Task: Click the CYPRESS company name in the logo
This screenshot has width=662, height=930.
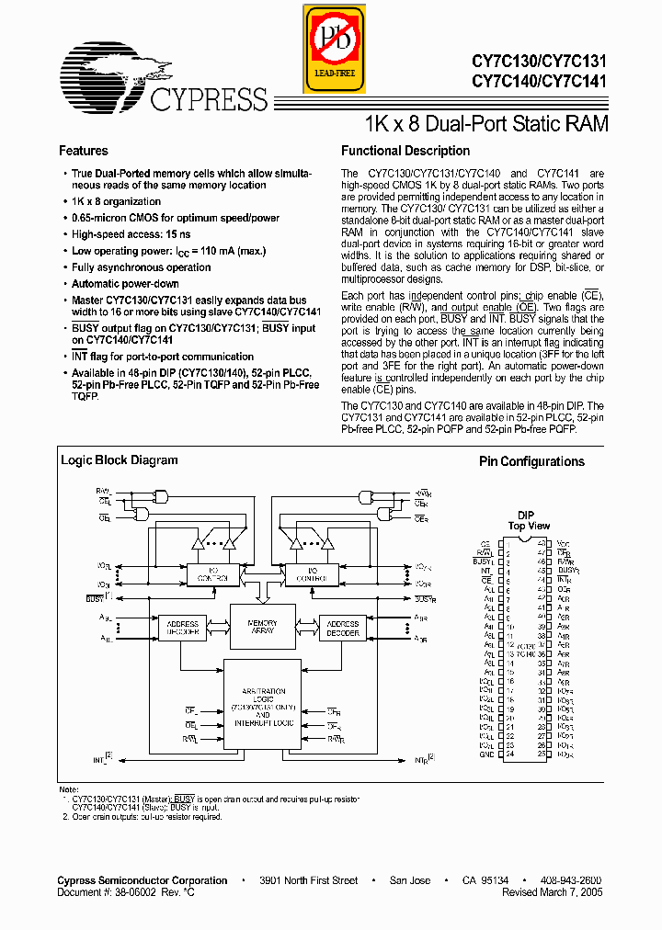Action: point(208,99)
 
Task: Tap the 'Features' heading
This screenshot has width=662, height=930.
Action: point(84,151)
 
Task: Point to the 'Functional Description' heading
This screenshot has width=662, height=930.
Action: point(405,151)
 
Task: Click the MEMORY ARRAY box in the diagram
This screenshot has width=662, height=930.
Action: point(262,629)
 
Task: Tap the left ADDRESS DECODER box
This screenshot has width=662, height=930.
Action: point(183,629)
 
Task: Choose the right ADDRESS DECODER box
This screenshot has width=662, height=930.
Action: point(343,629)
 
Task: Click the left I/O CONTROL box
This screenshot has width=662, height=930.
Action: point(212,574)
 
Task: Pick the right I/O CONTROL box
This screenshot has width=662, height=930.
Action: point(310,574)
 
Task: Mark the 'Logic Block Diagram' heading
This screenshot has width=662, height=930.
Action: point(119,460)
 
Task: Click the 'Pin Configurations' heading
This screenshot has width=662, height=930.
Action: point(531,461)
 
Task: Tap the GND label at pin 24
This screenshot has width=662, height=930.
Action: point(486,754)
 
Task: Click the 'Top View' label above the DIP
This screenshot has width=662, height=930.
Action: point(529,527)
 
